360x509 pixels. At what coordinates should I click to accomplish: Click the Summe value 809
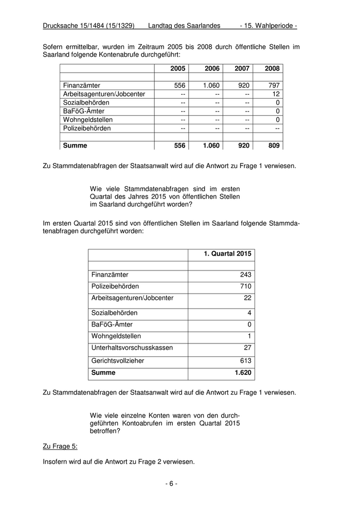(x=274, y=146)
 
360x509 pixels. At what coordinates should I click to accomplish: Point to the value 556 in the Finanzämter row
(x=179, y=85)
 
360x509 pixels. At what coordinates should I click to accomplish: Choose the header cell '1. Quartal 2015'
(x=228, y=254)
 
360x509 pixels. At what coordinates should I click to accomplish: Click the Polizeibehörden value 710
(x=245, y=286)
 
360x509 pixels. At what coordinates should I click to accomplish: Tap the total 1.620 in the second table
(x=242, y=373)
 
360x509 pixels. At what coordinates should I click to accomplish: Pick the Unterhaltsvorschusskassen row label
(x=132, y=348)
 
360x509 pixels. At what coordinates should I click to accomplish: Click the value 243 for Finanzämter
(x=245, y=275)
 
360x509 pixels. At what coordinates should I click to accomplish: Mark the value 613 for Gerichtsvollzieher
(x=245, y=361)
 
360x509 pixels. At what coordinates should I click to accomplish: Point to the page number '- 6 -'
(x=171, y=484)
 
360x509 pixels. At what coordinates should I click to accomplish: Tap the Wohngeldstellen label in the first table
(x=87, y=120)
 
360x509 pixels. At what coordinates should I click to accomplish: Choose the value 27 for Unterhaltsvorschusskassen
(x=247, y=348)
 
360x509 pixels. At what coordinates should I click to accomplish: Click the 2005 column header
(x=178, y=69)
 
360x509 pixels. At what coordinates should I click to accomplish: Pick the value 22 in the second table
(x=247, y=298)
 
